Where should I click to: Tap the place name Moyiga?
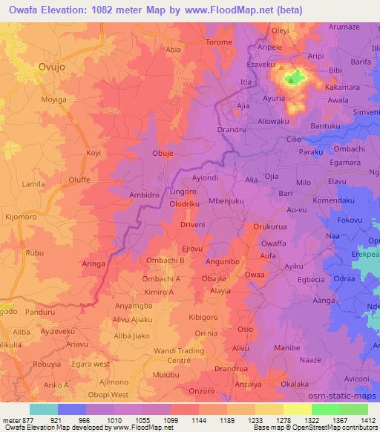coord(53,98)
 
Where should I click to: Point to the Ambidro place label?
coord(124,195)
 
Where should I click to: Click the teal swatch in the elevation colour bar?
coord(43,409)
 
